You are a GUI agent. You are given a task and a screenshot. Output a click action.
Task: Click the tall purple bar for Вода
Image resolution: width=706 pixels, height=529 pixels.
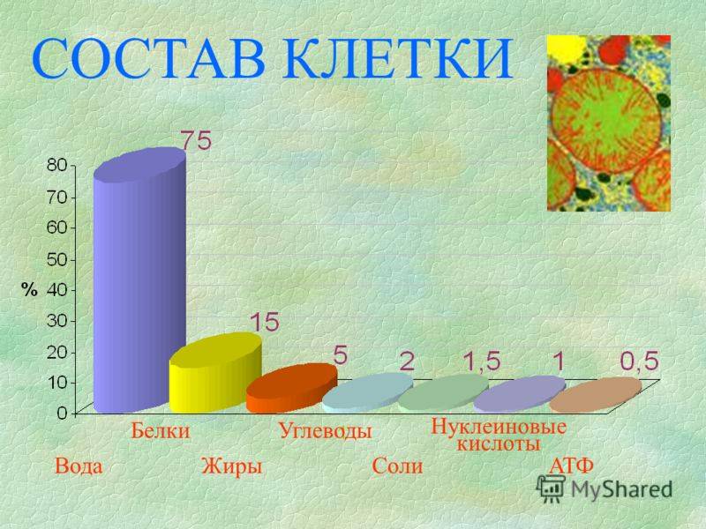[x=139, y=281]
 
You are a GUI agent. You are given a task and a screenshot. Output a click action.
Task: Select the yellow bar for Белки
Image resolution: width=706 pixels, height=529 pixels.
[x=215, y=372]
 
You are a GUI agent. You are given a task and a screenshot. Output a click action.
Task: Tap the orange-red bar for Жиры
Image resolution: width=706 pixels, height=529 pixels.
[x=291, y=388]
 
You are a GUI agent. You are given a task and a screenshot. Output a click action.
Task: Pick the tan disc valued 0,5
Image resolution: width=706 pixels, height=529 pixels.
[x=595, y=395]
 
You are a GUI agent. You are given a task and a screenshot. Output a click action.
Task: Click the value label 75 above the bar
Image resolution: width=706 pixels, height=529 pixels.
[x=196, y=140]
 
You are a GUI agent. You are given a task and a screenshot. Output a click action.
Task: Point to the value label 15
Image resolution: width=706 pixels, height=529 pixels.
[x=264, y=322]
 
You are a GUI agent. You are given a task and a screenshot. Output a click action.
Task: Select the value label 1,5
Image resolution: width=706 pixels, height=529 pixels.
[x=482, y=361]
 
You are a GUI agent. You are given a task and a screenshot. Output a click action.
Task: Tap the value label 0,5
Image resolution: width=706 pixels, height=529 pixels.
[x=640, y=361]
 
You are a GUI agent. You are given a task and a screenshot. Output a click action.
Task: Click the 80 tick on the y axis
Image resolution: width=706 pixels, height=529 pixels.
[x=56, y=166]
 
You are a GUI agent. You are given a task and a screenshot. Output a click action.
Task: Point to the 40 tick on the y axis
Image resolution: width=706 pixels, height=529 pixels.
[x=56, y=290]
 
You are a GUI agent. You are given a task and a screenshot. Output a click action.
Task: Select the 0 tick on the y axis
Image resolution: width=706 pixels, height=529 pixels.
[x=62, y=414]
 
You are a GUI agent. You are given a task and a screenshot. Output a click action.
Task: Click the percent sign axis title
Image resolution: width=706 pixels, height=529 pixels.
[x=29, y=290]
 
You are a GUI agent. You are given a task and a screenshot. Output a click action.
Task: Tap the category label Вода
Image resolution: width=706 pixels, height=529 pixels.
[x=79, y=466]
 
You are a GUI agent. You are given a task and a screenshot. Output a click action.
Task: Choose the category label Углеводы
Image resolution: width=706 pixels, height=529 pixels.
[x=325, y=430]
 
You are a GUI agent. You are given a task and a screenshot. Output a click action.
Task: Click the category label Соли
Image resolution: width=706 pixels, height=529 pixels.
[x=398, y=466]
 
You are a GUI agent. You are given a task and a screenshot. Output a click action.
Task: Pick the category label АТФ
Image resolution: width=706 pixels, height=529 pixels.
[x=571, y=466]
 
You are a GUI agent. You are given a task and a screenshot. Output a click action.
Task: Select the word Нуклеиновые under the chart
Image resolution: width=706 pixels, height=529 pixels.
[x=499, y=426]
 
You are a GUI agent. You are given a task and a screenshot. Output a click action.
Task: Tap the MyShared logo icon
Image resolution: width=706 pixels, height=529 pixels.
[x=550, y=488]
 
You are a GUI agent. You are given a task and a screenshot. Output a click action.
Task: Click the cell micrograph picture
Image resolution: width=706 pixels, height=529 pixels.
[x=609, y=123]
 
